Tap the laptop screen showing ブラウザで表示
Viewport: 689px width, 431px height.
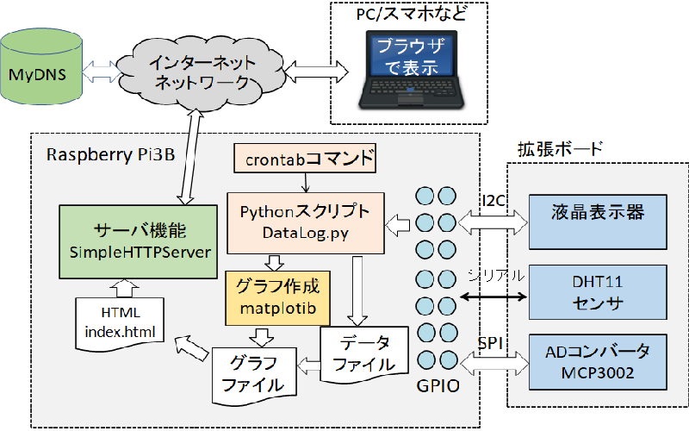click(407, 56)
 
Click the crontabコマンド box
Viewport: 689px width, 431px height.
click(306, 159)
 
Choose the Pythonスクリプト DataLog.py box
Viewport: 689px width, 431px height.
click(305, 222)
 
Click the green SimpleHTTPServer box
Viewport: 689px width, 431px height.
click(137, 241)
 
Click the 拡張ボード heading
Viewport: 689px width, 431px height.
click(559, 148)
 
